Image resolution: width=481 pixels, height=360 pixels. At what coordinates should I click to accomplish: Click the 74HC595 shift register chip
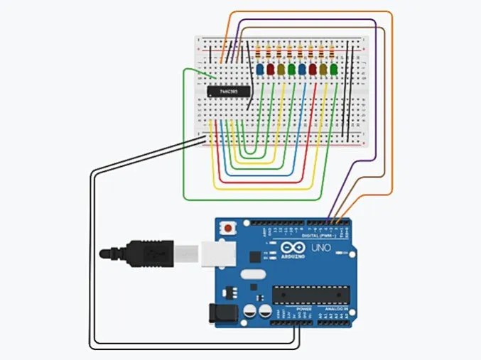coord(228,91)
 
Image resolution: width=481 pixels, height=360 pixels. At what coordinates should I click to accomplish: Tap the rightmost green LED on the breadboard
coord(333,70)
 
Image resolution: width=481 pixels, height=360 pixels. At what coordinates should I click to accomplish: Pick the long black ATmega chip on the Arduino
coord(311,293)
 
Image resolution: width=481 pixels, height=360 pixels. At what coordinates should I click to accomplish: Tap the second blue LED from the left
coord(302,70)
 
